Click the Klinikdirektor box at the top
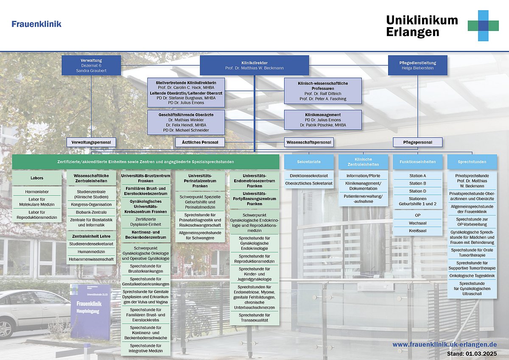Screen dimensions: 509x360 click(254, 65)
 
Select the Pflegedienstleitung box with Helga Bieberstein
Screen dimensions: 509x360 click(418, 65)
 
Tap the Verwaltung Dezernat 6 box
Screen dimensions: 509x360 click(91, 65)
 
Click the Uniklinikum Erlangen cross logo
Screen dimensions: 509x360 click(483, 26)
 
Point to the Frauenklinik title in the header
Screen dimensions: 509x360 click(36, 24)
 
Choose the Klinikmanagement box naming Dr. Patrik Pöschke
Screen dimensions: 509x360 click(323, 120)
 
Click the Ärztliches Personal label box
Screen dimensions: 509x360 click(200, 142)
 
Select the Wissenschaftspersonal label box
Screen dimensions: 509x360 click(309, 142)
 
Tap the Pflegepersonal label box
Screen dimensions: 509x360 click(418, 142)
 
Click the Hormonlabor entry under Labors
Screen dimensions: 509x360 click(37, 192)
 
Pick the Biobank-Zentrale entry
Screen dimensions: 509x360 click(91, 212)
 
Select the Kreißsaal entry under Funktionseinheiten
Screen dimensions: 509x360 click(418, 231)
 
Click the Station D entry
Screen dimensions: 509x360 click(418, 191)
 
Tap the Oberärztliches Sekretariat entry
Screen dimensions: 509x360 click(309, 183)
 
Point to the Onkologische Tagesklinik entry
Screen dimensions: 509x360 click(472, 276)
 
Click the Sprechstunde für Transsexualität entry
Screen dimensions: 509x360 click(254, 318)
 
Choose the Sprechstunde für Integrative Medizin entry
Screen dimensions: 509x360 click(145, 348)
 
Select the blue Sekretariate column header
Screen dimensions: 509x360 click(309, 162)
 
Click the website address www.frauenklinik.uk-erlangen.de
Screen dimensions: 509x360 click(445, 345)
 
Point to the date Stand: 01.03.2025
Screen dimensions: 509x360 click(472, 354)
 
